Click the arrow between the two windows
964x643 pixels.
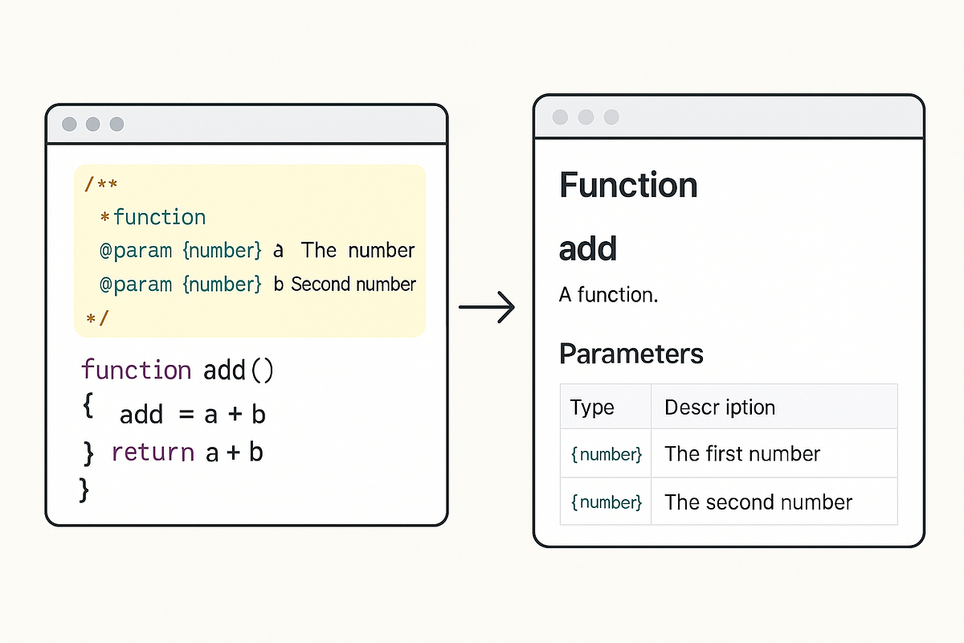coord(487,306)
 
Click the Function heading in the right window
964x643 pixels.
coord(628,186)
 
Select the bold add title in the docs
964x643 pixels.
coord(587,249)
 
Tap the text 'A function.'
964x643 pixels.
coord(608,295)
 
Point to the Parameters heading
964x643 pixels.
coord(631,354)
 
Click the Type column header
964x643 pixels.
coord(592,408)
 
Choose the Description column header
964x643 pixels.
coord(719,408)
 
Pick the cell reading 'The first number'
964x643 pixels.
coord(741,454)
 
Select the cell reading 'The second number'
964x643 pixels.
coord(758,502)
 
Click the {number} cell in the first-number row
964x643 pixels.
coord(606,454)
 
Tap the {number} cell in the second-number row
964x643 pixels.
coord(606,502)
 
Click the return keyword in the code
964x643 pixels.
coord(153,453)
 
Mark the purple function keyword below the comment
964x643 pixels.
coord(136,371)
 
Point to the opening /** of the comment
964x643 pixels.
coord(101,185)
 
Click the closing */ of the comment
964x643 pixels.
coord(96,318)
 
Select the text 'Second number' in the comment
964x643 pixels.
coord(353,285)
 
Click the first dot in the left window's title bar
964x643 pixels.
coord(70,125)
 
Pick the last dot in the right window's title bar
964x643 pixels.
coord(611,117)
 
